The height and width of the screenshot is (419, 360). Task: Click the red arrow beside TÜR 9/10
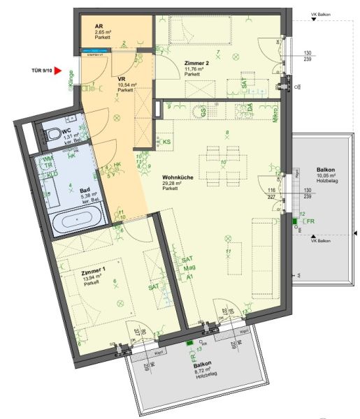pyautogui.click(x=59, y=71)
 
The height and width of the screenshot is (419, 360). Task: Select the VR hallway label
pyautogui.click(x=121, y=80)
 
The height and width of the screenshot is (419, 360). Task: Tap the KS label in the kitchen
pyautogui.click(x=166, y=142)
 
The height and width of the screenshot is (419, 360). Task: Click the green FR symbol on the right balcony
pyautogui.click(x=294, y=222)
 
